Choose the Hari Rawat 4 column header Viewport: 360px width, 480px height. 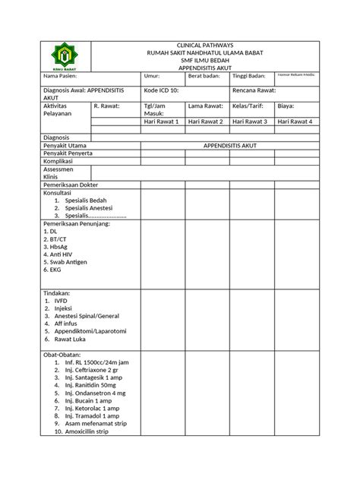(296, 122)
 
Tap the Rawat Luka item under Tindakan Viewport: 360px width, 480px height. (74, 340)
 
